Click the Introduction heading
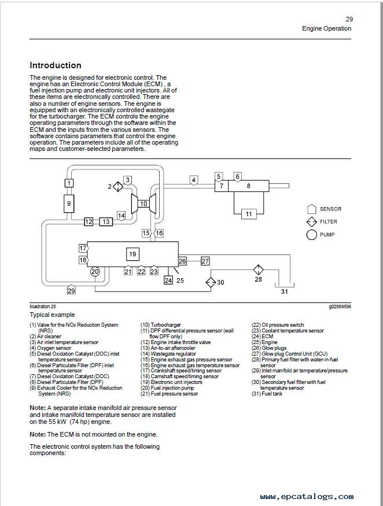click(x=55, y=65)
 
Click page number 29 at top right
click(x=349, y=19)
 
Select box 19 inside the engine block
click(x=132, y=254)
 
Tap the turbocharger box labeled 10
click(x=143, y=204)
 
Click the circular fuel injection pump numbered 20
click(x=95, y=271)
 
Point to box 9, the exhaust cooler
click(x=69, y=204)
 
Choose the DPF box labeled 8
click(x=248, y=186)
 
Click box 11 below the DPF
click(x=249, y=214)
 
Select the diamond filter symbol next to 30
click(x=211, y=282)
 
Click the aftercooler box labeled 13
click(x=106, y=221)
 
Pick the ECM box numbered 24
click(x=168, y=280)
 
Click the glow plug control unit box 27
click(x=205, y=261)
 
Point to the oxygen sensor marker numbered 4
click(x=193, y=180)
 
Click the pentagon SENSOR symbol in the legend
click(x=311, y=209)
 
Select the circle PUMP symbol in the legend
click(x=311, y=235)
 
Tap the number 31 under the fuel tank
click(x=284, y=291)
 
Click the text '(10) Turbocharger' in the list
click(x=160, y=325)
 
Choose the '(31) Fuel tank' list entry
click(x=267, y=394)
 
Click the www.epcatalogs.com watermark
click(x=307, y=496)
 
